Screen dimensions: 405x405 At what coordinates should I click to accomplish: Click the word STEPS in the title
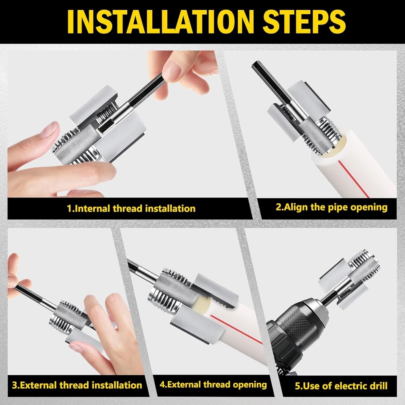click(x=304, y=22)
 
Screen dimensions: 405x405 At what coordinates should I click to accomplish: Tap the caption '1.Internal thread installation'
click(x=131, y=208)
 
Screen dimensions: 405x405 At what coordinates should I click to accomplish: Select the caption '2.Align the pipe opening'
click(x=332, y=207)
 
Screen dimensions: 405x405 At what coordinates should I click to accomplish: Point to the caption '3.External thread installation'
click(x=77, y=385)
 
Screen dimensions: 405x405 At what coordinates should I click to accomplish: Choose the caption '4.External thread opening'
click(x=213, y=384)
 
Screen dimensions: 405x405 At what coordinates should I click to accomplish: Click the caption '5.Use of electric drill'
click(x=341, y=386)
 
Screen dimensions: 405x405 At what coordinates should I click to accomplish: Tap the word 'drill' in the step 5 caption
click(x=378, y=386)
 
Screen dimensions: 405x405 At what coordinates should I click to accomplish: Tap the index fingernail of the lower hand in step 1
click(x=51, y=129)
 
